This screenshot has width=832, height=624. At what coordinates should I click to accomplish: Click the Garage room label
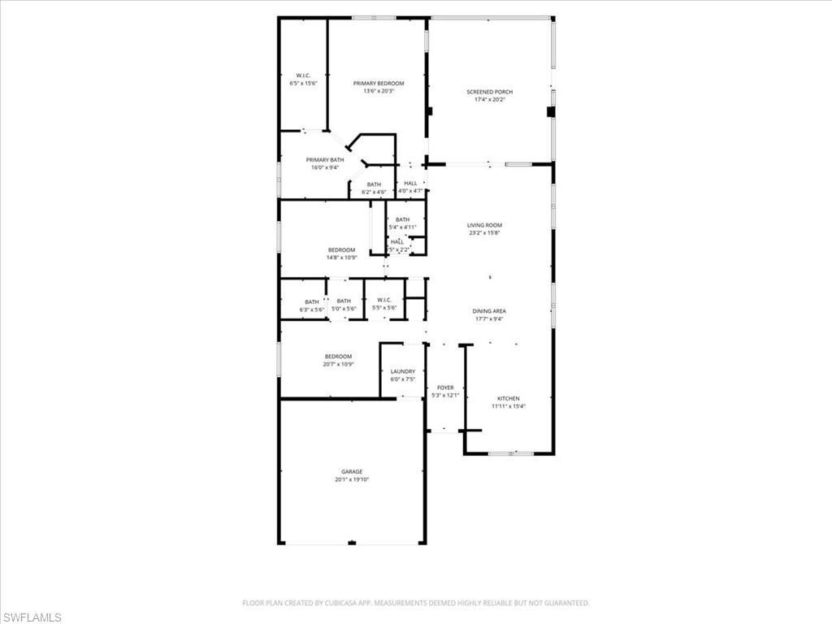pos(351,472)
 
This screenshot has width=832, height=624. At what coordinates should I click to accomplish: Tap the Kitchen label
pos(509,399)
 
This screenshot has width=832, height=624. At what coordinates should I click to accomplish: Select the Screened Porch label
pos(489,92)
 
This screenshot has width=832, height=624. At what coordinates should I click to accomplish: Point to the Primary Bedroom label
pos(378,84)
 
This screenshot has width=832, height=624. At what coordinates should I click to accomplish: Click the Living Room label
pos(484,225)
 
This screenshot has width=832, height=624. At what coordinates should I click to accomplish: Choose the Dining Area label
pos(489,311)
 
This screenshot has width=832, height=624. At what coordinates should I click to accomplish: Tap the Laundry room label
pos(402,372)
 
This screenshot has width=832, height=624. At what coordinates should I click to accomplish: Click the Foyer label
pos(445,388)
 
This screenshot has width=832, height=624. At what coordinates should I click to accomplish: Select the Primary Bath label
pos(324,160)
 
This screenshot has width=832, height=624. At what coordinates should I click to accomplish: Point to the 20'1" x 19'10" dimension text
pos(351,480)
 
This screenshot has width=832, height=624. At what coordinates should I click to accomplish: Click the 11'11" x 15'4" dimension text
pos(509,406)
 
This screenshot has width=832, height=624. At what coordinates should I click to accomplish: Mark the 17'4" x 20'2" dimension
pos(489,100)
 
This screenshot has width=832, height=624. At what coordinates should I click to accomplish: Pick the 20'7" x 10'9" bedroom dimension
pos(338,364)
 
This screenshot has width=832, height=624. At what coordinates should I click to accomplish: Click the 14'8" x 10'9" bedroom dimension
pos(341,258)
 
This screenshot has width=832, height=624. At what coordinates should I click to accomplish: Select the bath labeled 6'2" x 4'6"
pos(374,188)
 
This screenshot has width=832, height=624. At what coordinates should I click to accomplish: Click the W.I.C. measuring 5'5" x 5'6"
pos(384,304)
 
